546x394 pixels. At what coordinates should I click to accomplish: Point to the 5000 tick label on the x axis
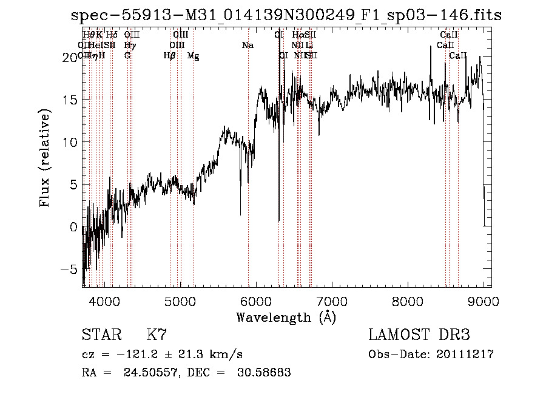tap(180, 301)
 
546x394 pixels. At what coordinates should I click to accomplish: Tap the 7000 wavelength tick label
tap(332, 301)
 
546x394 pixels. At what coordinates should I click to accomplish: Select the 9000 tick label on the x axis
tap(484, 301)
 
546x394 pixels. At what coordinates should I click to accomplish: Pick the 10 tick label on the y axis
tap(69, 142)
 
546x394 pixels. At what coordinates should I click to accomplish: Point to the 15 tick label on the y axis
tap(69, 100)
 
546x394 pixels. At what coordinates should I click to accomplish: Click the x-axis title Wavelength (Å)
tap(286, 317)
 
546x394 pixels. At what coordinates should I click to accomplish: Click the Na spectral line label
tap(248, 46)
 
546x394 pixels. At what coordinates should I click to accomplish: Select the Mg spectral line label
tap(193, 56)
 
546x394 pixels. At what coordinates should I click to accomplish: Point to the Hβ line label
tap(170, 56)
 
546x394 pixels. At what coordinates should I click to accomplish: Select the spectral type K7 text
tap(157, 335)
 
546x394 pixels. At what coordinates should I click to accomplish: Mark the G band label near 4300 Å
tap(127, 56)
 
